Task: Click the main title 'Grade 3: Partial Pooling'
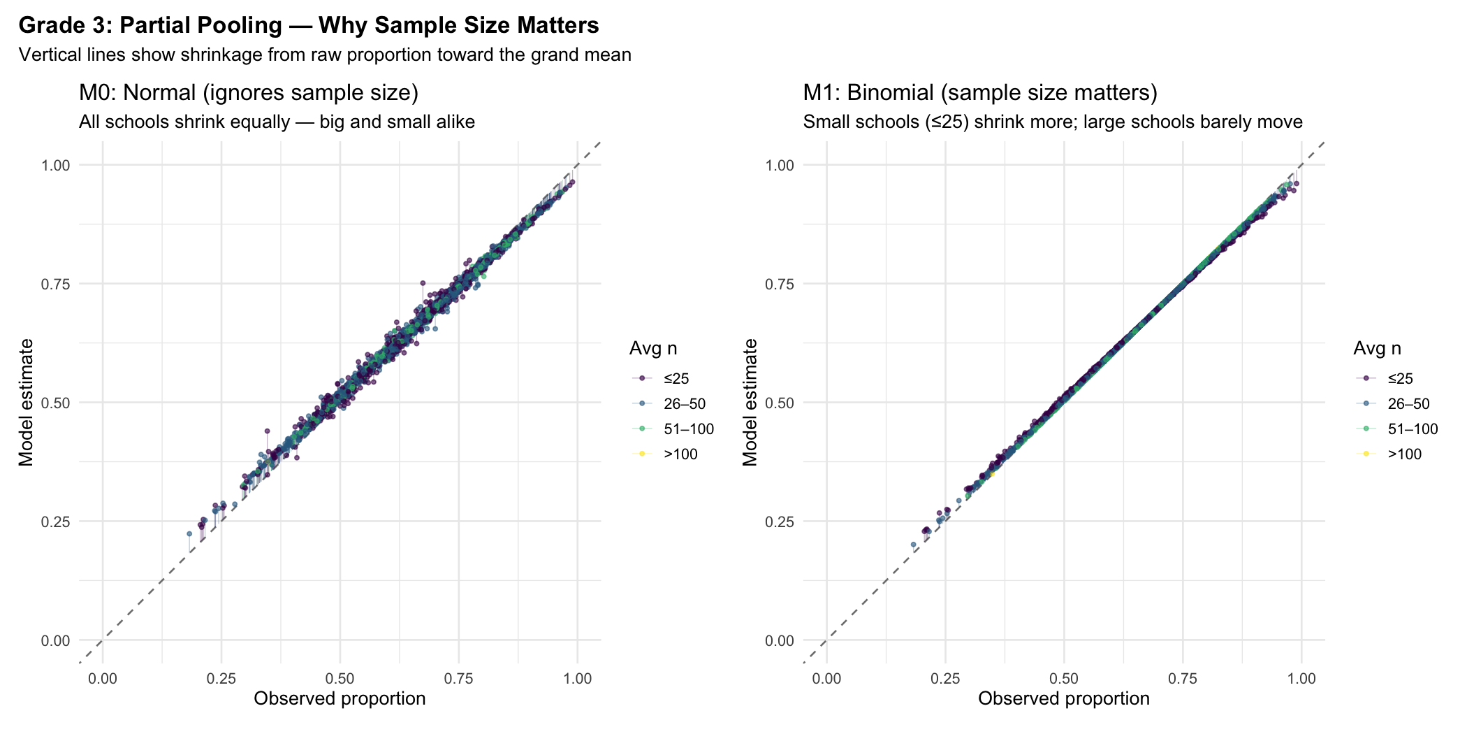308,25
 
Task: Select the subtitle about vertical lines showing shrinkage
325,55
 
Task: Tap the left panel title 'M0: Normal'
248,92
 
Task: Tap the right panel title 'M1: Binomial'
980,92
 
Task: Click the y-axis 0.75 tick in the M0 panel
56,284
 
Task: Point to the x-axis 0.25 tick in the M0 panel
221,678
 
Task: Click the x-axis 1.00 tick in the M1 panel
1301,678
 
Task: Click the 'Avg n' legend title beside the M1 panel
1377,348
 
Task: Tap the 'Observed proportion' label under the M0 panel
340,698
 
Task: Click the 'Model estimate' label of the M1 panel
750,402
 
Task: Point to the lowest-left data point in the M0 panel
189,533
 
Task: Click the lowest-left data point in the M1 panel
913,544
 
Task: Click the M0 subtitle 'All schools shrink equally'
277,122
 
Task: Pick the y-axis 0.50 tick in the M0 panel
56,403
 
